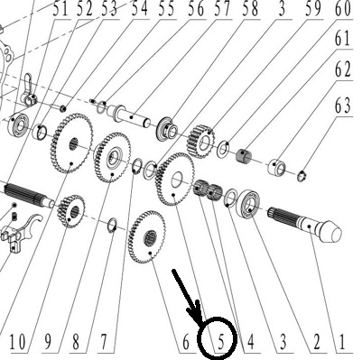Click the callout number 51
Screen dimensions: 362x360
click(61, 10)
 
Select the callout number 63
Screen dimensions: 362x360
click(343, 106)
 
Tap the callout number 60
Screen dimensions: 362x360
click(343, 9)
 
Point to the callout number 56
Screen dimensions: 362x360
click(197, 9)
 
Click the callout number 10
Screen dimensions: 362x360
click(18, 342)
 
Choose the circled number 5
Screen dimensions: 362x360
click(221, 343)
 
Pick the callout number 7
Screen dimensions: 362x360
click(104, 342)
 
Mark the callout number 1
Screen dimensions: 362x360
click(341, 342)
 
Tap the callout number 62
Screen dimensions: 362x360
click(343, 69)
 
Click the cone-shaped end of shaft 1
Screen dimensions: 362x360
click(331, 232)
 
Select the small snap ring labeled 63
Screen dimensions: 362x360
click(302, 176)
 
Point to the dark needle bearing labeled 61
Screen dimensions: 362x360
click(245, 155)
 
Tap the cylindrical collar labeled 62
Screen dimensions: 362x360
click(276, 167)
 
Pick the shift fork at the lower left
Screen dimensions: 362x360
click(21, 232)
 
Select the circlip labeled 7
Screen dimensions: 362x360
click(112, 226)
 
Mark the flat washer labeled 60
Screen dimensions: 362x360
click(224, 148)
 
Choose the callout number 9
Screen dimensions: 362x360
click(47, 342)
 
